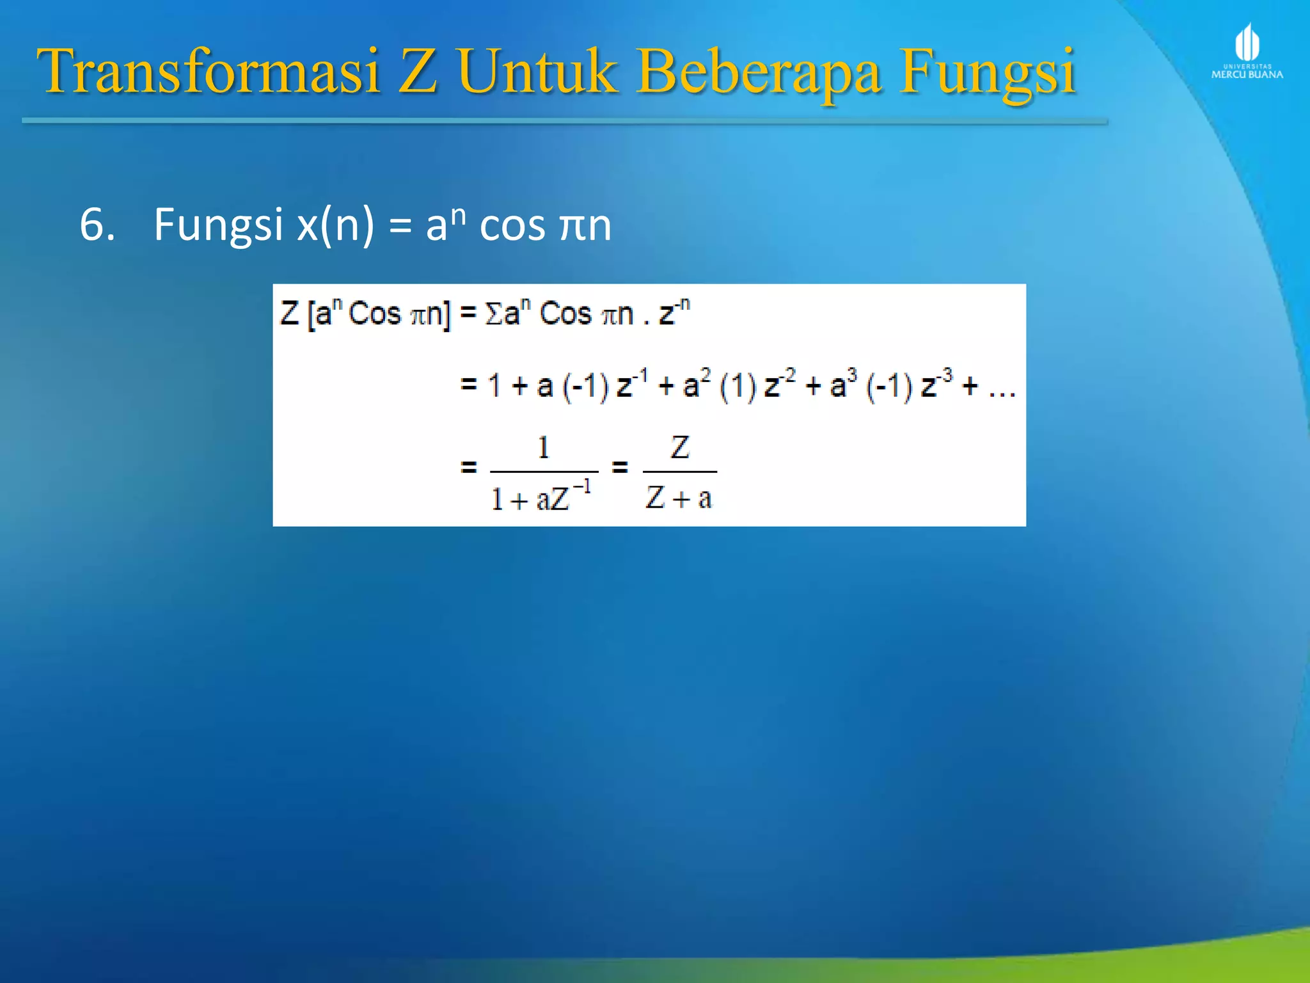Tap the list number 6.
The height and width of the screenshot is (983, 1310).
(x=97, y=225)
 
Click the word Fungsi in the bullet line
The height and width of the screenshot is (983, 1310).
(x=217, y=226)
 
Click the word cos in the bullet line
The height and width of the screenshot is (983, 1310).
(x=512, y=226)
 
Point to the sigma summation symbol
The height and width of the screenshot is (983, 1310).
(x=494, y=314)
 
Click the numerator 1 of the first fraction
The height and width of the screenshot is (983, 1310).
(x=544, y=447)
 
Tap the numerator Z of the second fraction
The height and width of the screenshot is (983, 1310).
(x=680, y=447)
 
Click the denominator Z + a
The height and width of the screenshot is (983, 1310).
(x=679, y=497)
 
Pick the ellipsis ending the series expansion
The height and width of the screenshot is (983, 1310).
(x=1002, y=389)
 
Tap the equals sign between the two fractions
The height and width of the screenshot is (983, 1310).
(x=619, y=467)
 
